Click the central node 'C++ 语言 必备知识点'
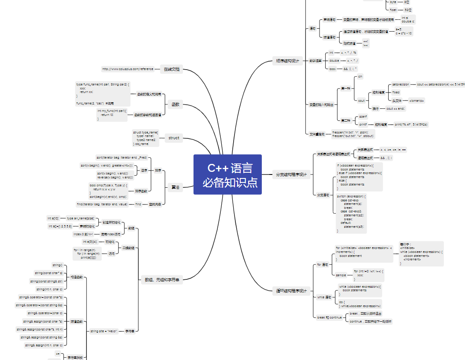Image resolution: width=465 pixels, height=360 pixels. coord(227,174)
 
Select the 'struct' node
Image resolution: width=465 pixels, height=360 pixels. coord(174,138)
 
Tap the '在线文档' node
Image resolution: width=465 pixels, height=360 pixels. coord(173,69)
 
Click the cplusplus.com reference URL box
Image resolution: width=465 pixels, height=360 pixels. coord(128,69)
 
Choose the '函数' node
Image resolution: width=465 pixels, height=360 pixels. coord(175,104)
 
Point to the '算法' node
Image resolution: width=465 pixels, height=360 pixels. coord(175,187)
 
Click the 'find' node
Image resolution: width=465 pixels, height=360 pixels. coord(138,204)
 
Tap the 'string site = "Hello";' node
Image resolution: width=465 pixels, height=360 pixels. coord(104,331)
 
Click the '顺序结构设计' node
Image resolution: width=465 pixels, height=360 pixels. coord(288,61)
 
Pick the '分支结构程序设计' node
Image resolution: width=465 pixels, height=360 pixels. coord(292,174)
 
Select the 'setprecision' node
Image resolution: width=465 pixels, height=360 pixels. coord(401,84)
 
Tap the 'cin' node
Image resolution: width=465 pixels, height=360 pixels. coord(360,77)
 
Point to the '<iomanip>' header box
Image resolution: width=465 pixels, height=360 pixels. coord(417,101)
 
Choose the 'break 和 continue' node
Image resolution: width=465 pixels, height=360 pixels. coord(329,317)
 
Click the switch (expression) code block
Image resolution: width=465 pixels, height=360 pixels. coord(351,213)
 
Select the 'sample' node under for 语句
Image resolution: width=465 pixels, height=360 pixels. coord(341,275)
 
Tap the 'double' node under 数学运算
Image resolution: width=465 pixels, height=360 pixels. coord(335,61)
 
